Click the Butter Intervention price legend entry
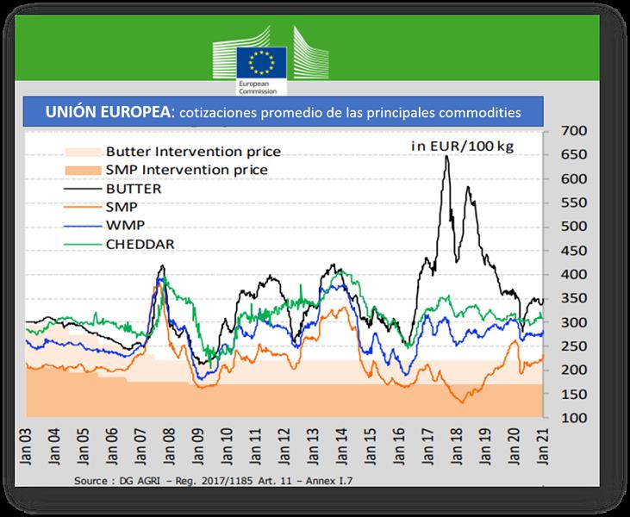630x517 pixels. click(x=193, y=152)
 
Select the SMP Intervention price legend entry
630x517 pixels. click(x=187, y=169)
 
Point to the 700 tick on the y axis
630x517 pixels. click(x=573, y=131)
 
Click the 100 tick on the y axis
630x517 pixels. click(x=573, y=418)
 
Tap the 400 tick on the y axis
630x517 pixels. click(x=573, y=274)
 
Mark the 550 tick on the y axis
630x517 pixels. click(x=573, y=202)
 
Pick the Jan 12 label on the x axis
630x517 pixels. click(x=286, y=446)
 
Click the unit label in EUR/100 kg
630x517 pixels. click(x=461, y=146)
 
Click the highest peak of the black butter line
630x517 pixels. click(x=446, y=158)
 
